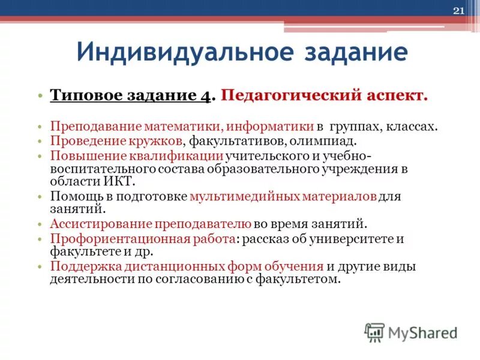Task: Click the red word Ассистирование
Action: point(98,224)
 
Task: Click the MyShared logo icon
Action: point(374,332)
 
